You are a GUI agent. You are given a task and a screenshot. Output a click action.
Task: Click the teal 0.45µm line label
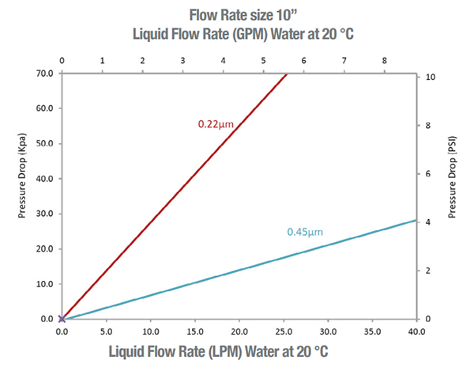[x=306, y=233]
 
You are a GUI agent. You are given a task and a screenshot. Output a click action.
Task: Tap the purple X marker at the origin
[x=62, y=319]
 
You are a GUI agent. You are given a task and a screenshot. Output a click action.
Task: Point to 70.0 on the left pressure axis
[x=43, y=74]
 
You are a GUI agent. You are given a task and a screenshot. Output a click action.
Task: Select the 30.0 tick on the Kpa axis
[x=43, y=214]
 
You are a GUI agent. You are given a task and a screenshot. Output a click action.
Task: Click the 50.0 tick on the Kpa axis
[x=43, y=144]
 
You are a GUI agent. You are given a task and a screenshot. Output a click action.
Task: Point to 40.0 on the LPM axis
[x=416, y=331]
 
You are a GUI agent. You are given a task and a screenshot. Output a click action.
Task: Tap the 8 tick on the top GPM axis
[x=385, y=60]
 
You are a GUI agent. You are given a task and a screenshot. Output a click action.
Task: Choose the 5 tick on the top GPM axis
[x=264, y=60]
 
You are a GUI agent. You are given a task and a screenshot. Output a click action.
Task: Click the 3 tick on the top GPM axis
[x=183, y=60]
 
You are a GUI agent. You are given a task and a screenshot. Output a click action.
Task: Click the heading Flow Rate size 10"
[x=237, y=13]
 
